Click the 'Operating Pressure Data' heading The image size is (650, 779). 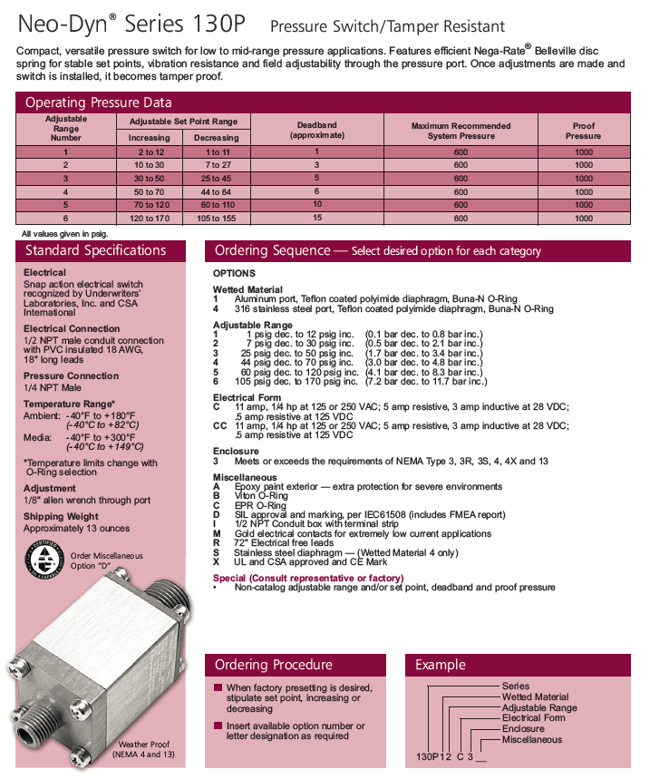click(x=98, y=102)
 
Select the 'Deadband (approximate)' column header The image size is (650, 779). click(x=316, y=130)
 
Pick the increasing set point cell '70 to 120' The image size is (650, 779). click(x=150, y=205)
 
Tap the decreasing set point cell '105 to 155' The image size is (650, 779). click(x=217, y=219)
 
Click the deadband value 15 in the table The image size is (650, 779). click(x=316, y=219)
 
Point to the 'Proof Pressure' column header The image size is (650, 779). click(x=584, y=130)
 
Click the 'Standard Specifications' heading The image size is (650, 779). click(x=95, y=250)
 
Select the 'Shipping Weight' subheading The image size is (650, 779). click(x=62, y=517)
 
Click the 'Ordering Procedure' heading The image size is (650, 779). click(x=273, y=665)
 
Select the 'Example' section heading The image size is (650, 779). click(x=440, y=665)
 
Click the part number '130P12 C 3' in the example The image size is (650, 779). click(x=451, y=755)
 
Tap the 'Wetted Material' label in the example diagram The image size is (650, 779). click(x=535, y=696)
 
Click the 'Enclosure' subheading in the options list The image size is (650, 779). click(x=236, y=451)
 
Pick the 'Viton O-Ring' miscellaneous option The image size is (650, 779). click(x=261, y=496)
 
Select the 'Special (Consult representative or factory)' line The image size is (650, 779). click(x=308, y=578)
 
